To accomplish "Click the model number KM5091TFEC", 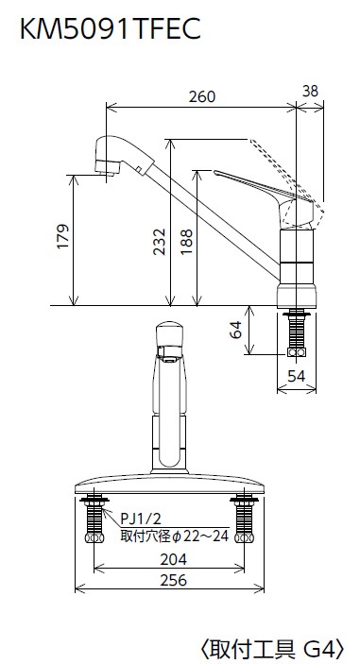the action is coord(111,28).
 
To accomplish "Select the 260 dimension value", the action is coord(202,97).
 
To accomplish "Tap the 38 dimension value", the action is coord(311,91).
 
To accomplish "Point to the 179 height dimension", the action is coord(63,237).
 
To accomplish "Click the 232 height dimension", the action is coord(160,242).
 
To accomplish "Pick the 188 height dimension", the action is coord(186,242).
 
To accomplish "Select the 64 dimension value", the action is coord(235,331).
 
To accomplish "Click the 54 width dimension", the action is coord(296,377).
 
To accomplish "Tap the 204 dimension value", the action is coord(173,559).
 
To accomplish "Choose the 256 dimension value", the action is coord(173,580).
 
